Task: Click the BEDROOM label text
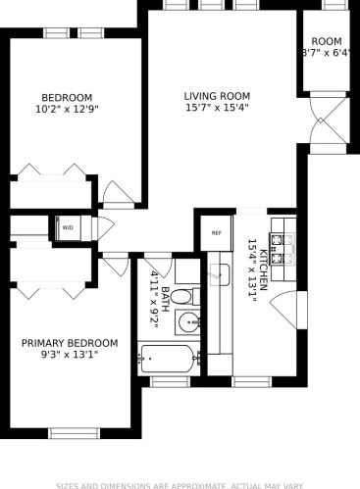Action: point(67,97)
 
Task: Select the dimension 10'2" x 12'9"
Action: point(67,110)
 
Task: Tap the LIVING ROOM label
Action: point(217,96)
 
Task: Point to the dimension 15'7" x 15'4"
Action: point(217,109)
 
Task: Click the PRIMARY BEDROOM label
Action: point(70,343)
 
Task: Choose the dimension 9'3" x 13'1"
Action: point(70,355)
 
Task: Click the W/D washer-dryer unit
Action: point(69,227)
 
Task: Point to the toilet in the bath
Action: point(192,296)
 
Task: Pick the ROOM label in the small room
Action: point(327,41)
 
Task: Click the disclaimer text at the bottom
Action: point(180,484)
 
